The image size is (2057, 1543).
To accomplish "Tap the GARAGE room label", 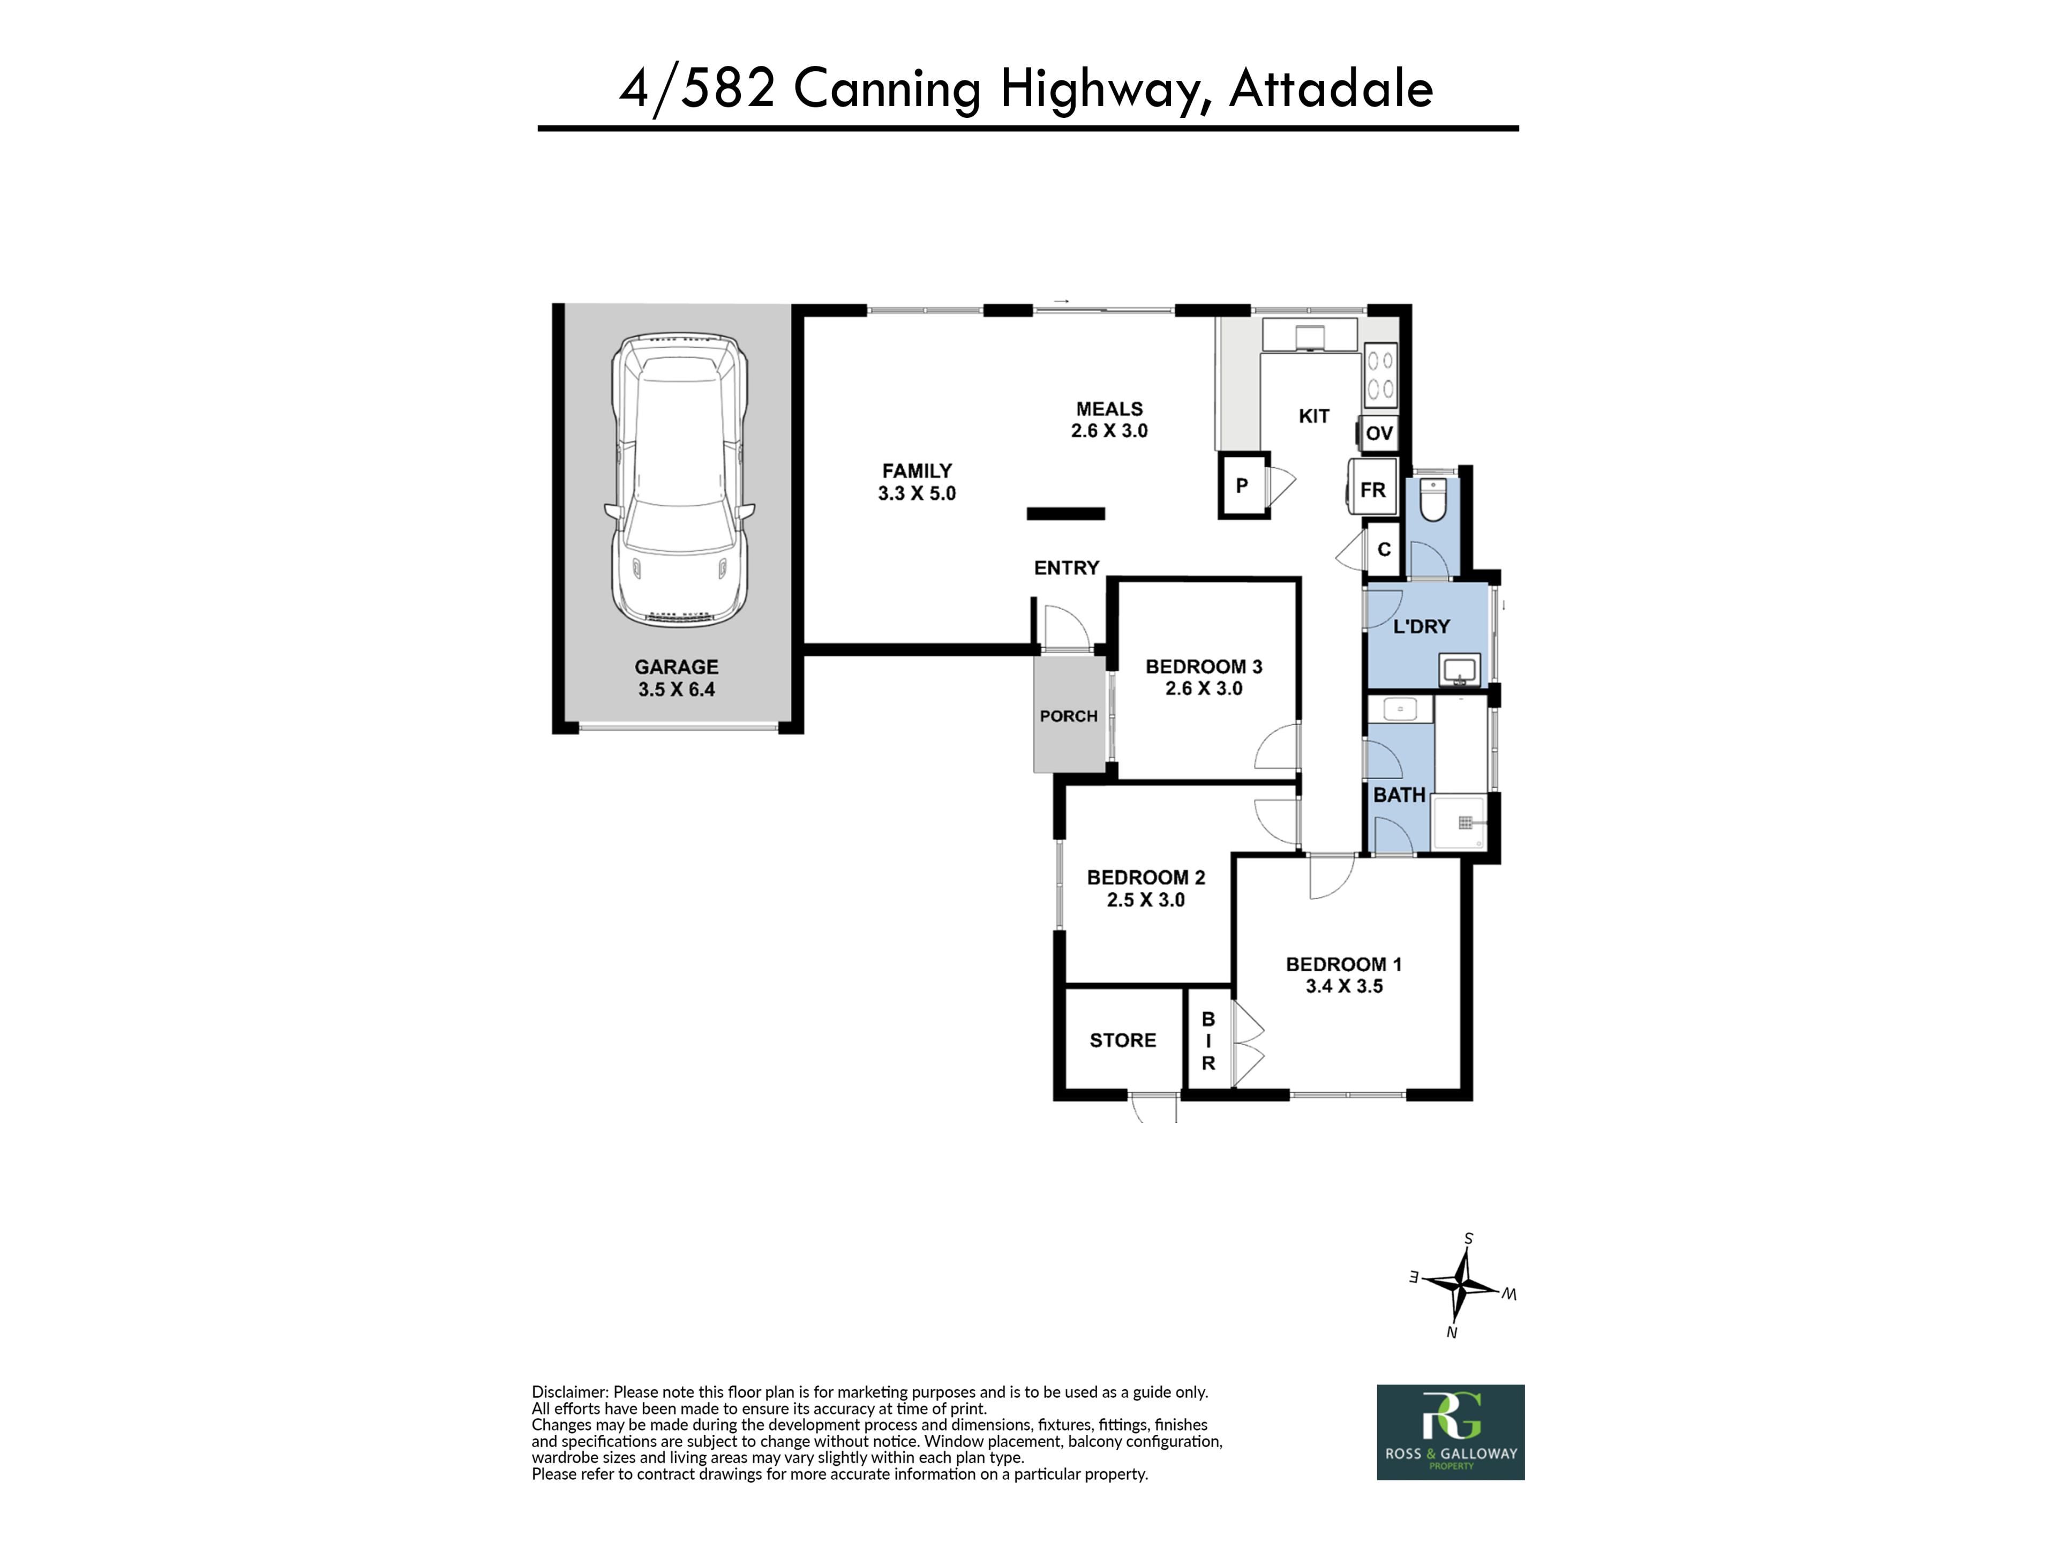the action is tap(676, 667).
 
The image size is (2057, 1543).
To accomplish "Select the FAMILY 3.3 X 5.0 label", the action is tap(917, 482).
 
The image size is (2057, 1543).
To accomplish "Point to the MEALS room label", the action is tap(1109, 409).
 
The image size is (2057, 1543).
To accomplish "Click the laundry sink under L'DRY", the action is tap(1459, 670).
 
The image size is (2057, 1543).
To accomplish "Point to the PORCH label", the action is tap(1069, 716).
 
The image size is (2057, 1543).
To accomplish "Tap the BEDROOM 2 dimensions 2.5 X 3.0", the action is tap(1146, 900).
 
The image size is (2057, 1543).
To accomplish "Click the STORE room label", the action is tap(1122, 1041).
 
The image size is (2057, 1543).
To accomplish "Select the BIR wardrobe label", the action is tap(1208, 1042).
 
